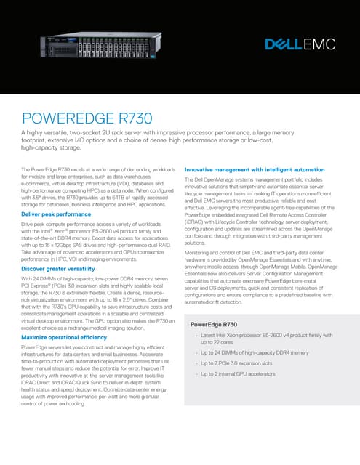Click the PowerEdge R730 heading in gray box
(214, 324)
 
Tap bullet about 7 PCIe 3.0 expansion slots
(237, 363)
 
